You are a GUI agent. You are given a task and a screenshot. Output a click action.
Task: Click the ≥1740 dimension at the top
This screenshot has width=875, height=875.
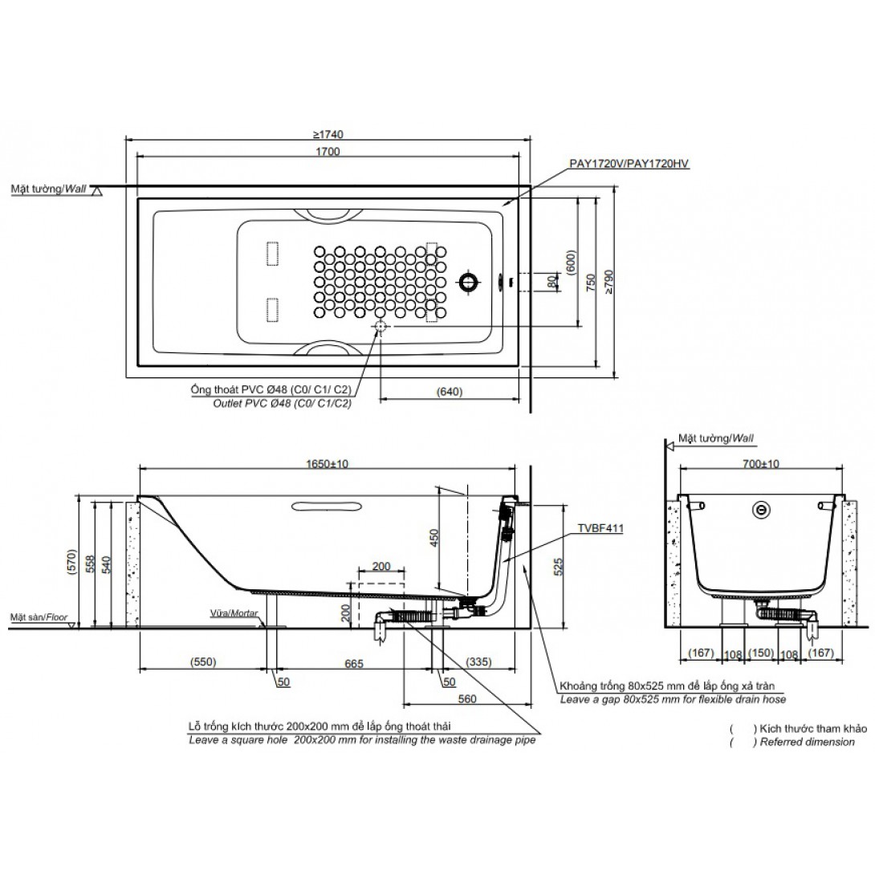[x=328, y=135]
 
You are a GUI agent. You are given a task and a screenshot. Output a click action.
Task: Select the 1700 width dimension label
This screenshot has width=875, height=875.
[x=328, y=151]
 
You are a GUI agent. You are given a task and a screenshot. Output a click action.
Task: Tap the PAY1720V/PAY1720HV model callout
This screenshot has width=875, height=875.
[x=629, y=164]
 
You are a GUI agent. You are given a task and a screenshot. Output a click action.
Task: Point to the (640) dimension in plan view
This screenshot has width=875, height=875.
[x=450, y=392]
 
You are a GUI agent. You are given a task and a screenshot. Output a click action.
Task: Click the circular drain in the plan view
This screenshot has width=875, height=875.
[x=468, y=282]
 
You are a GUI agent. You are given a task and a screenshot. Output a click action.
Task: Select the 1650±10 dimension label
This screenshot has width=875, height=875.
[x=327, y=464]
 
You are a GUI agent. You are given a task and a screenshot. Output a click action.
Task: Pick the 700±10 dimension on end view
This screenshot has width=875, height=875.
[x=761, y=464]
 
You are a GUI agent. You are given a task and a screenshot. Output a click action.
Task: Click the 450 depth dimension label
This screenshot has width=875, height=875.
[x=435, y=537]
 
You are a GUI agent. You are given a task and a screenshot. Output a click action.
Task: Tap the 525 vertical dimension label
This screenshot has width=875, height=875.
[x=559, y=566]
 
